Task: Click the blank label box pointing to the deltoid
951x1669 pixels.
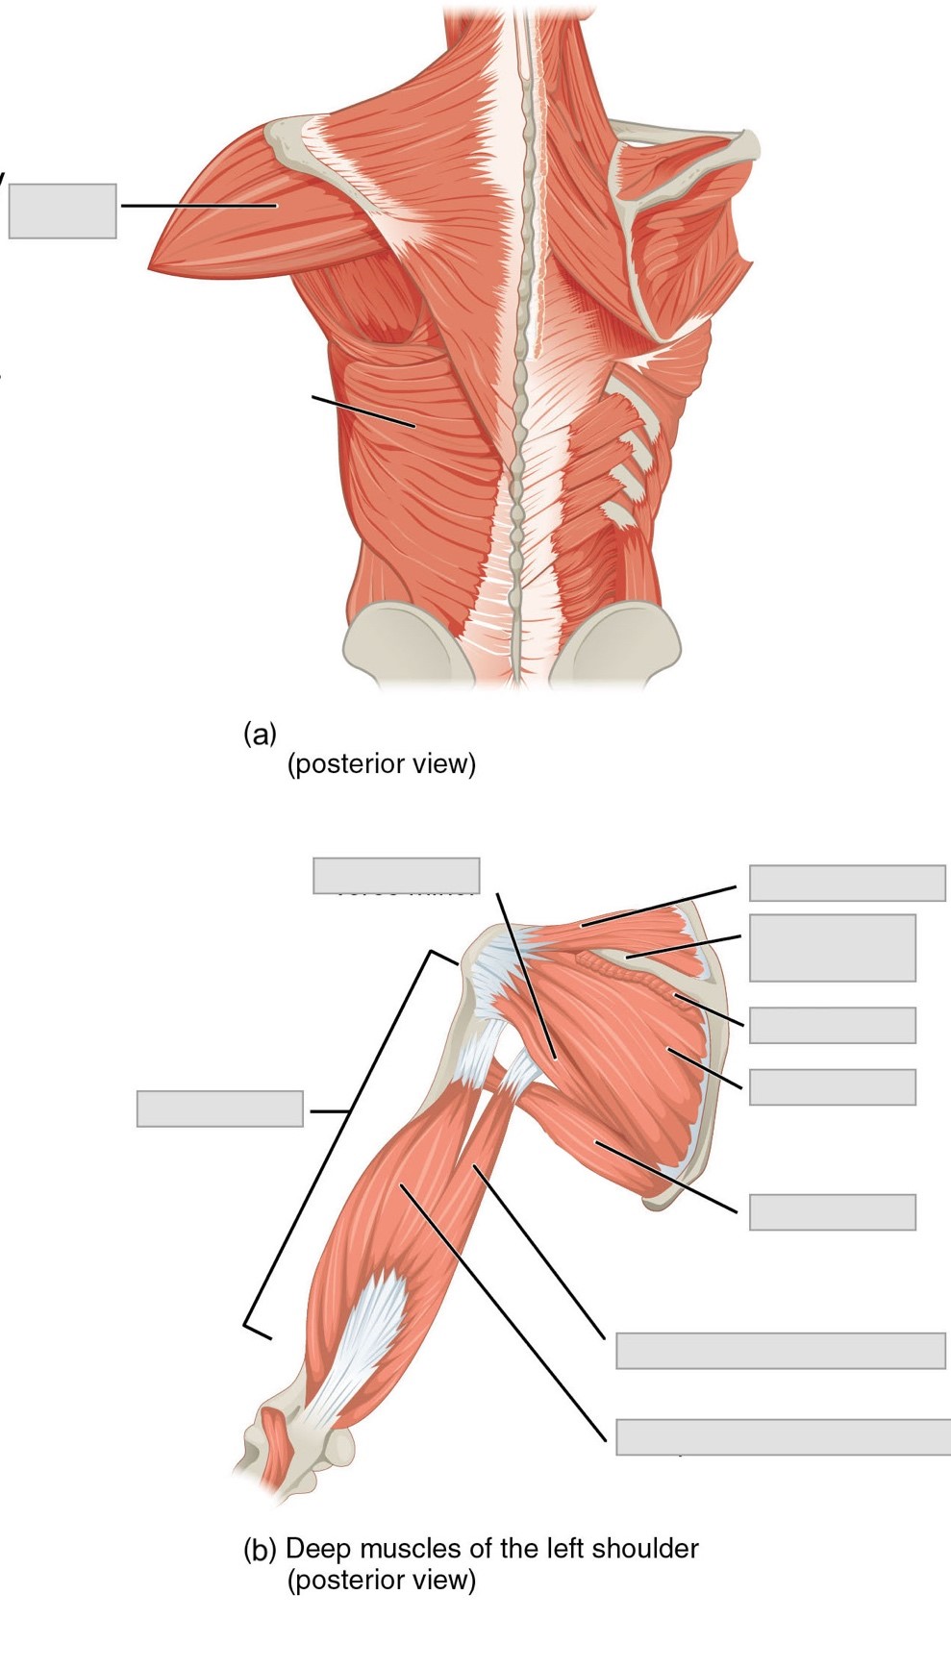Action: pyautogui.click(x=63, y=211)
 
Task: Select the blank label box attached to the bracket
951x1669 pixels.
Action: pyautogui.click(x=220, y=1109)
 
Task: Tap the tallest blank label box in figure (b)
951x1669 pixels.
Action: pyautogui.click(x=832, y=947)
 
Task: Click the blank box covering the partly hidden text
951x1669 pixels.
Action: pyautogui.click(x=396, y=875)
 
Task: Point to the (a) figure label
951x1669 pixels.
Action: pyautogui.click(x=260, y=735)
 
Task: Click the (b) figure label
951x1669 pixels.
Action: pyautogui.click(x=260, y=1550)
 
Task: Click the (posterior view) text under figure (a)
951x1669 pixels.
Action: pyautogui.click(x=382, y=764)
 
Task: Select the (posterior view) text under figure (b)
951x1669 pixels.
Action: pyautogui.click(x=382, y=1580)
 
